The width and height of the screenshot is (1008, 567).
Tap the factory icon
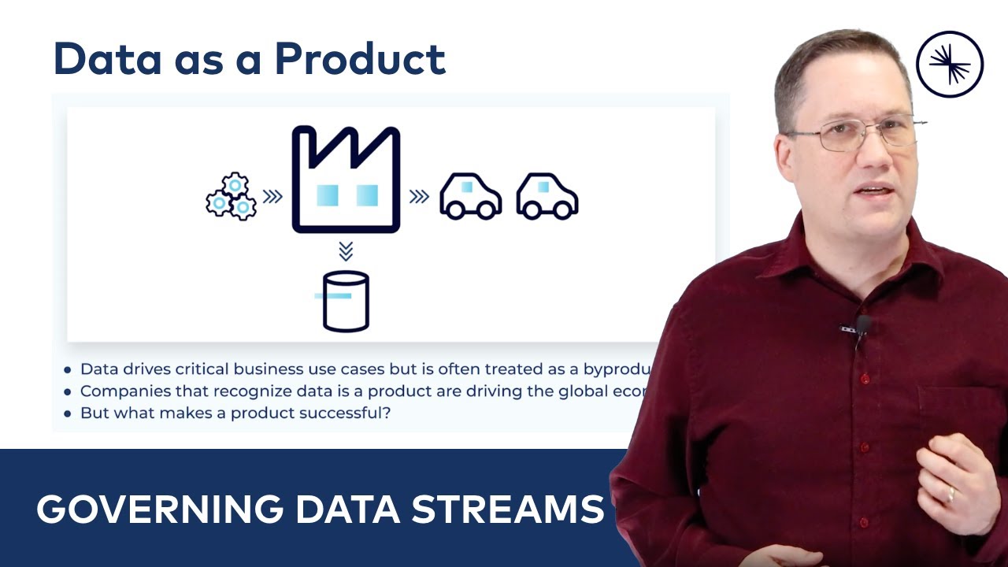346,180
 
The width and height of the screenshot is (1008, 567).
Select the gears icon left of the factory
231,197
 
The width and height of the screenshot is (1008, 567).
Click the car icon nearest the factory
470,196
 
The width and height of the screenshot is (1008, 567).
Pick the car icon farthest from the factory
547,196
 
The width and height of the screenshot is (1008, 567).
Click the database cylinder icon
346,301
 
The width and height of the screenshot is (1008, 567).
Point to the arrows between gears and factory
272,197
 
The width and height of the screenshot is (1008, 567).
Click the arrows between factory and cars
419,197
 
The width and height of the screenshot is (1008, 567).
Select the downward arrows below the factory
346,251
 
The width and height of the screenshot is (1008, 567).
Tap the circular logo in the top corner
951,64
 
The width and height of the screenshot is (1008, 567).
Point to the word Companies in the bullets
119,391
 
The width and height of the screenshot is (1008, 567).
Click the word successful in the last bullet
346,413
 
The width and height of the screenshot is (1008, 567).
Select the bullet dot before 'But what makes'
68,413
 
